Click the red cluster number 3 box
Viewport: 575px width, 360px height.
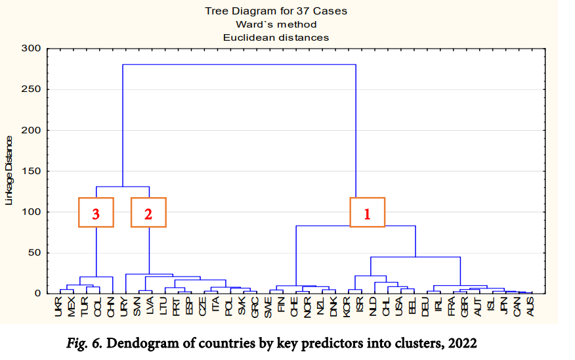(96, 212)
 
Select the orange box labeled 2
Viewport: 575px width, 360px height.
(148, 212)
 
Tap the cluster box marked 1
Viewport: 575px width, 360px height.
(367, 212)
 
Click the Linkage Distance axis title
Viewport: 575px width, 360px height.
(9, 170)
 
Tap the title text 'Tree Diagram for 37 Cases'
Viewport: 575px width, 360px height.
(276, 11)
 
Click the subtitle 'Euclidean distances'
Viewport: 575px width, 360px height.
(276, 37)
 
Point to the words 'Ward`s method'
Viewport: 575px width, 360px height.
(276, 24)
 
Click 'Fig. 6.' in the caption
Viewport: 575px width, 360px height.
(86, 342)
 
